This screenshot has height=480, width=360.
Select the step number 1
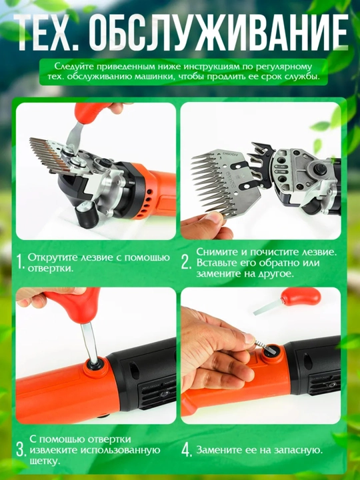pyautogui.click(x=20, y=263)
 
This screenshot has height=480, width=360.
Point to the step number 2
pyautogui.click(x=186, y=263)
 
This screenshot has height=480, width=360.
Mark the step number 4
pyautogui.click(x=187, y=450)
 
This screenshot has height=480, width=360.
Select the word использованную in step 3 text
pyautogui.click(x=120, y=450)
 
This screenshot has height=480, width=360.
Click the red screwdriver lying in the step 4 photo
pyautogui.click(x=287, y=301)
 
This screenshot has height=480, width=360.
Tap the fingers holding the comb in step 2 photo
pyautogui.click(x=205, y=225)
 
